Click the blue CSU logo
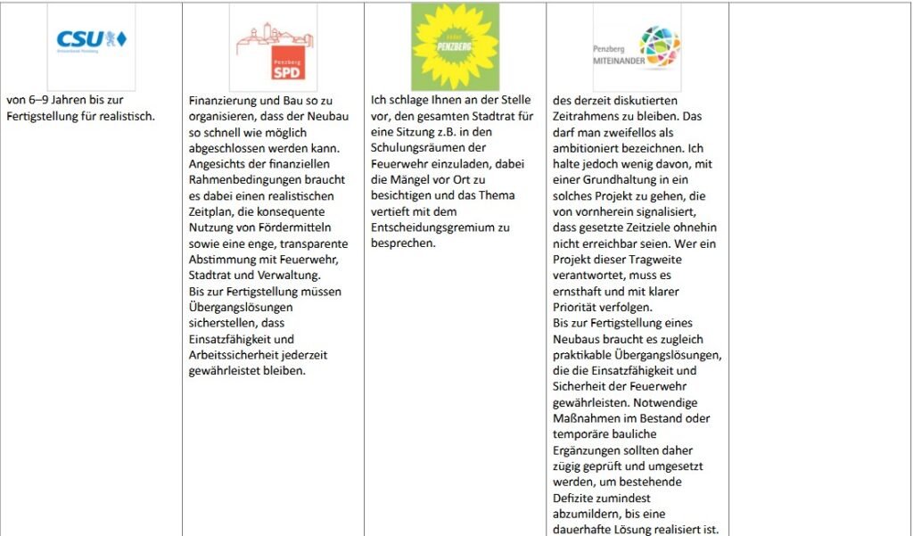coord(92,40)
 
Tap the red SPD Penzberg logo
coord(273,47)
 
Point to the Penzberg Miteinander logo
coord(637,47)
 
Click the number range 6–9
coord(37,100)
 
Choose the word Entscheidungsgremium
coord(428,227)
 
